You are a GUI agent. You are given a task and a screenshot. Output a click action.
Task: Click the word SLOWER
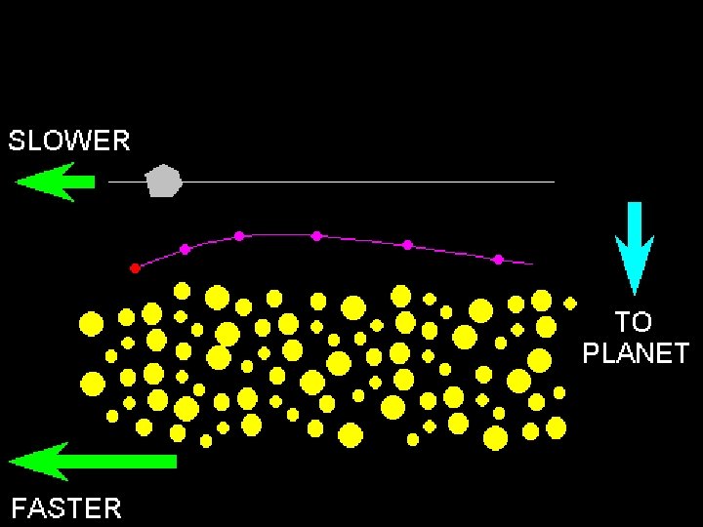(69, 141)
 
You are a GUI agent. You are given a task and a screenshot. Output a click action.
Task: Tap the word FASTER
(66, 508)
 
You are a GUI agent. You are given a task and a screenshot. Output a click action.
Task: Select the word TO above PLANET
(634, 322)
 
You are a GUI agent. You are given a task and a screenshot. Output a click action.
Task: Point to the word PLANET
(636, 353)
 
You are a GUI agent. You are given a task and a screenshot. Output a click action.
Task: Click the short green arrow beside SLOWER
(55, 182)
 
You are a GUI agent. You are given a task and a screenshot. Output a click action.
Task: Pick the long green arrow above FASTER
(93, 461)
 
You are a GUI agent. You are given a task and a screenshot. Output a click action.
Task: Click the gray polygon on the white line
(163, 182)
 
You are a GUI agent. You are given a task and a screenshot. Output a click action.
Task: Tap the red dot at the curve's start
(135, 267)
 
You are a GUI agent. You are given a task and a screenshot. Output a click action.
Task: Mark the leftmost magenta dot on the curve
(185, 249)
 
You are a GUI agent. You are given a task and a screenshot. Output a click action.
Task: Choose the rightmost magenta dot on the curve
(498, 260)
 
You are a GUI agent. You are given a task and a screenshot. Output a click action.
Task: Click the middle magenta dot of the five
(316, 235)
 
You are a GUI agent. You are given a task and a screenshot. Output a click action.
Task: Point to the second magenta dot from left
(238, 235)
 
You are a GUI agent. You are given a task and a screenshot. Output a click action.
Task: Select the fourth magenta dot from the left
(407, 244)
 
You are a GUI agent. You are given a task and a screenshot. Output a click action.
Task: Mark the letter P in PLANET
(592, 353)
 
